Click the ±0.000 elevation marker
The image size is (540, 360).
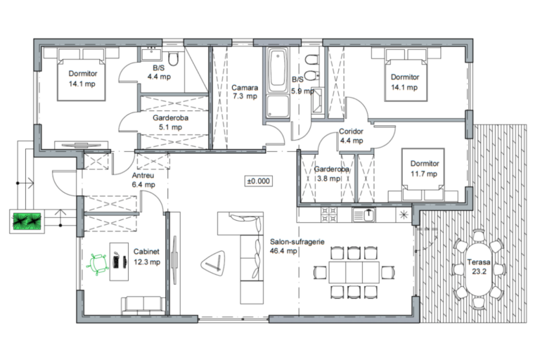(x=258, y=181)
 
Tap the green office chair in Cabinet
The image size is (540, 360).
(x=98, y=264)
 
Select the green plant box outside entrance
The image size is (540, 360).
(x=27, y=221)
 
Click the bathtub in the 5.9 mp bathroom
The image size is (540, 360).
(x=278, y=70)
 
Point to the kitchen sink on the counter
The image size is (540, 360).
(x=364, y=214)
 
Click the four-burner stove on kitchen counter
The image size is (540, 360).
(x=329, y=214)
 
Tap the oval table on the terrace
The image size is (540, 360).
(x=479, y=269)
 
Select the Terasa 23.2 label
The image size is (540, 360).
(x=479, y=266)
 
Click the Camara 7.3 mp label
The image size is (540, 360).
(x=245, y=92)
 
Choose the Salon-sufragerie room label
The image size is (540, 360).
(x=297, y=242)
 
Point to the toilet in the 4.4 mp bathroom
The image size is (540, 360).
(x=174, y=59)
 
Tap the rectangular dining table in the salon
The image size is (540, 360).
(x=354, y=272)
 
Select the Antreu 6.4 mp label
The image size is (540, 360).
(x=143, y=180)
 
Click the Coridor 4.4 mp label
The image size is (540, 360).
(x=351, y=136)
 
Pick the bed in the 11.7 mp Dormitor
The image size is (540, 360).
(x=423, y=174)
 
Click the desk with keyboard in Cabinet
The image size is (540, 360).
(x=119, y=262)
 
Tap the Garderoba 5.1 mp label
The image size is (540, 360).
(x=170, y=122)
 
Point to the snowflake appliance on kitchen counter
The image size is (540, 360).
(x=404, y=215)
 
